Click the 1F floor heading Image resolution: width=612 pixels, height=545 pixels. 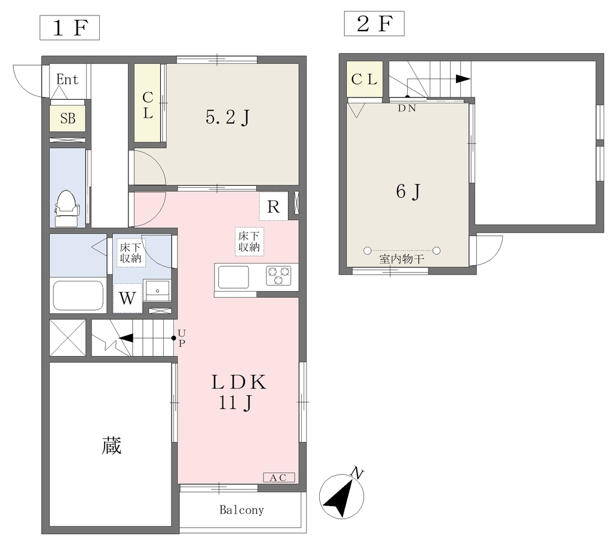[69, 27]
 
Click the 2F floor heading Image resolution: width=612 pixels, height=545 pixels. [374, 24]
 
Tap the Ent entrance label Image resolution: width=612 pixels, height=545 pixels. [67, 79]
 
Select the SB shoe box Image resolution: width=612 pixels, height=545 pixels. [68, 118]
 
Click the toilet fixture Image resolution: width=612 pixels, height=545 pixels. [67, 208]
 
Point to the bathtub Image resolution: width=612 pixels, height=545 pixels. [78, 296]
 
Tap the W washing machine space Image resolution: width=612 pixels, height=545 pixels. [127, 298]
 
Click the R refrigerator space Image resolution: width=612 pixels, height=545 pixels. [273, 206]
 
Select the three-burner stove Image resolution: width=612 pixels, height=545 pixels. [279, 275]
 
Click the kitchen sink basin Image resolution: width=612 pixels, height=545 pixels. [234, 277]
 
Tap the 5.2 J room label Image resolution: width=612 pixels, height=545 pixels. [228, 117]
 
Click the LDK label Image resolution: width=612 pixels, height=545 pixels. [239, 382]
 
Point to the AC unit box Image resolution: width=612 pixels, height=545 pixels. [279, 477]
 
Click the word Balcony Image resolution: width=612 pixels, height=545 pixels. [241, 510]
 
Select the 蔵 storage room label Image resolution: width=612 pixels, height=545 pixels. [112, 445]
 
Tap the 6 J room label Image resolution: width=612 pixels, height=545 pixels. [408, 192]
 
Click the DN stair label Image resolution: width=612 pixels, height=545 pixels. [406, 108]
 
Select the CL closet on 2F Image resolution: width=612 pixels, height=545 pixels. [364, 79]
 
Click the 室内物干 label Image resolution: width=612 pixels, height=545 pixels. [402, 259]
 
